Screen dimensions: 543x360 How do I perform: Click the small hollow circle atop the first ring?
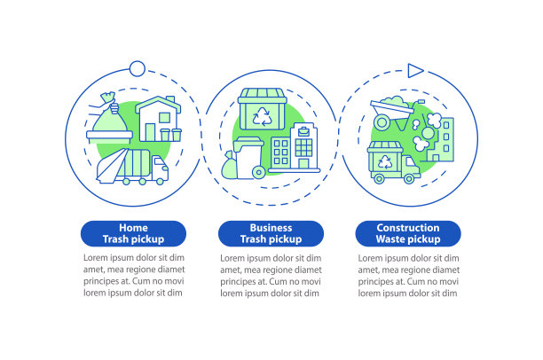138,68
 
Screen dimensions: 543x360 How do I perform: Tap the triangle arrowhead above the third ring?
415,71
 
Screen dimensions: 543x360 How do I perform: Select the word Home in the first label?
133,228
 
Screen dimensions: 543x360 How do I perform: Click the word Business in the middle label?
271,228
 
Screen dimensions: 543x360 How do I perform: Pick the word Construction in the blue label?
408,228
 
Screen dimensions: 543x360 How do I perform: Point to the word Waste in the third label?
390,239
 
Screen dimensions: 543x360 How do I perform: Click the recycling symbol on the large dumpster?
262,116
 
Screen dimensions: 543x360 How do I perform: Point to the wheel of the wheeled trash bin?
259,172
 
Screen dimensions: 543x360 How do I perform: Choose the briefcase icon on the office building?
303,131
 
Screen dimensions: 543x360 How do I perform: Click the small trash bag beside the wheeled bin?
229,165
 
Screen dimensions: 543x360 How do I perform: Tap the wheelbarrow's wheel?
382,122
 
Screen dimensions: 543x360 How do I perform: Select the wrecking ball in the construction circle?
427,134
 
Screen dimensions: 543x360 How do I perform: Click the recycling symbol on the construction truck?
384,161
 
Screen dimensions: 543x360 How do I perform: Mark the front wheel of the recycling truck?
409,178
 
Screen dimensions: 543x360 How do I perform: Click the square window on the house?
164,118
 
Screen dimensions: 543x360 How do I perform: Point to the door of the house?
150,132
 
